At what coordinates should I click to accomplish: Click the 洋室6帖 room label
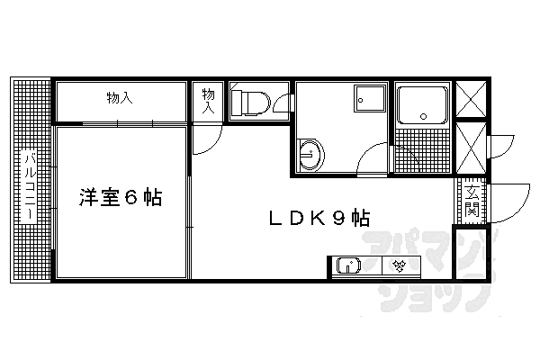coord(121,197)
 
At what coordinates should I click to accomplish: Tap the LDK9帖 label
coord(319,218)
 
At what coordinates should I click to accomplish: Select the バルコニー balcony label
coord(30,187)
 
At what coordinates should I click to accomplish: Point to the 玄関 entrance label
coord(471,202)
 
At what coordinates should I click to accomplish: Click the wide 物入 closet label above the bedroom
coord(120,98)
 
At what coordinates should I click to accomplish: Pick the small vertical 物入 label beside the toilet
coord(208,101)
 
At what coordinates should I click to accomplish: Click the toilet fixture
coord(250,103)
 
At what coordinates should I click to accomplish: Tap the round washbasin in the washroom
coord(311,154)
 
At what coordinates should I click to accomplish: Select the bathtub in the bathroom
coord(422,105)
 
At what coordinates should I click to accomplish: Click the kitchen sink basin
coord(348,265)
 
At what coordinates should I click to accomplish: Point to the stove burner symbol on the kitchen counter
coord(399,265)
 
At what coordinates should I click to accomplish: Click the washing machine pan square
coord(370,98)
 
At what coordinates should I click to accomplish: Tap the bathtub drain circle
coord(423,116)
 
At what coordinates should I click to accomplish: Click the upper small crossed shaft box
coord(471,98)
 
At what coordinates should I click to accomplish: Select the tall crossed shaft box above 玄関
coord(471,147)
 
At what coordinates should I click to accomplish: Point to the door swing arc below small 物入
coord(212,145)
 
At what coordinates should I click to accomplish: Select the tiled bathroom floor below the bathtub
coord(422,149)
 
